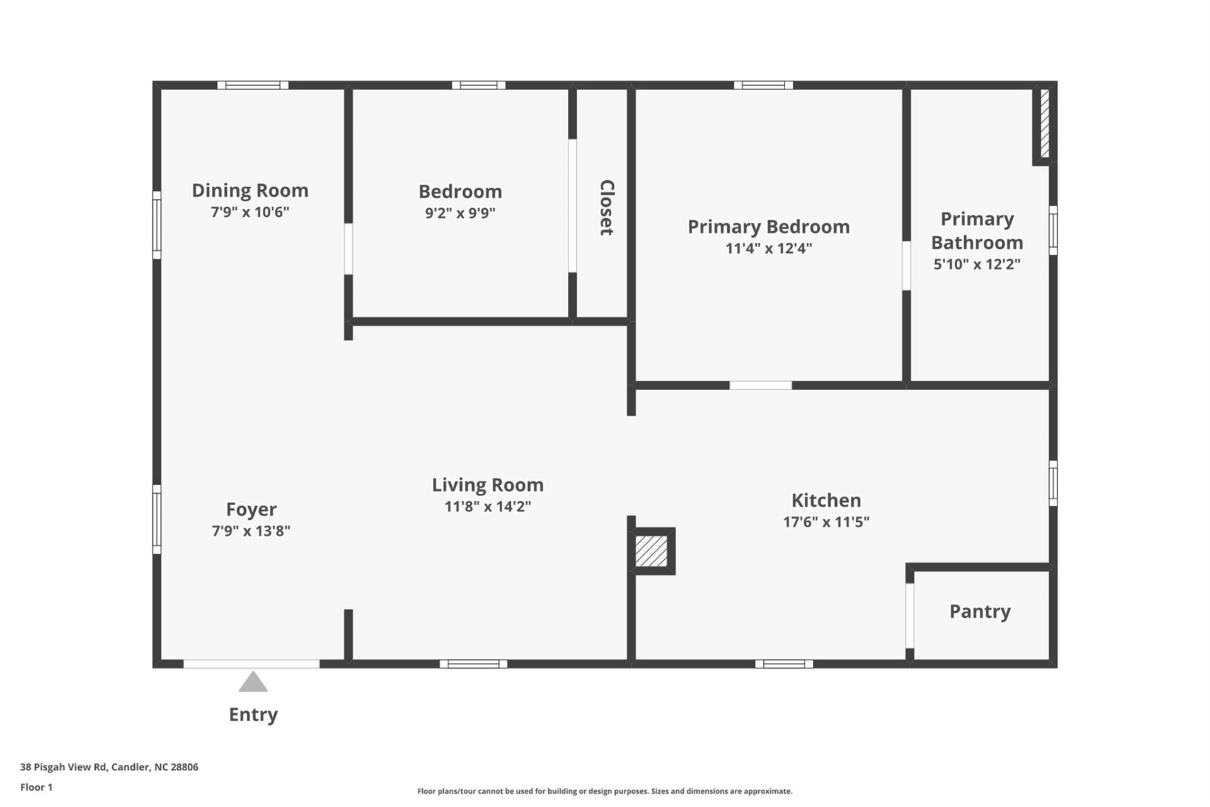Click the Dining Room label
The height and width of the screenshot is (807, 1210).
[x=250, y=190]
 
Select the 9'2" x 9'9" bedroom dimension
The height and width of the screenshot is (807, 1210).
[x=460, y=213]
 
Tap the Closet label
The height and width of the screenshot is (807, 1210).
[x=606, y=207]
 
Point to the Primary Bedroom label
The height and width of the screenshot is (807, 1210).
[x=768, y=227]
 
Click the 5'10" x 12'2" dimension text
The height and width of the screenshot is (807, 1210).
[x=977, y=264]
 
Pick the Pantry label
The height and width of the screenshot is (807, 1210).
[x=980, y=612]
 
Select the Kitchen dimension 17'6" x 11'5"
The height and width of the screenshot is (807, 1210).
[x=826, y=522]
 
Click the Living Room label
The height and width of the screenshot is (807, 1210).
[x=487, y=485]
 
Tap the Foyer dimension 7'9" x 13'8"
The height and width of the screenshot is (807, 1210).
[x=251, y=531]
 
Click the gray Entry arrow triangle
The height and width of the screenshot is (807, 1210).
[x=253, y=683]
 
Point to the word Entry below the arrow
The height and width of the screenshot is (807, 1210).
[x=253, y=714]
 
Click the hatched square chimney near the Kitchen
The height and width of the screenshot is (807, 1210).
[x=651, y=551]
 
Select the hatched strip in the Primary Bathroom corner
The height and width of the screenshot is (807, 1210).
[x=1044, y=124]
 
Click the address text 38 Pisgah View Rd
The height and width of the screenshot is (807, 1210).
[x=109, y=767]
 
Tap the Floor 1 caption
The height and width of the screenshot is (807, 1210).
[x=37, y=787]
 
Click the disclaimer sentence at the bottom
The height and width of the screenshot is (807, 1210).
[x=604, y=791]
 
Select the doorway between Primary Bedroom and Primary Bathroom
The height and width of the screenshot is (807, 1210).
[x=906, y=265]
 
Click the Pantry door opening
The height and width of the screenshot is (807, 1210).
[x=909, y=615]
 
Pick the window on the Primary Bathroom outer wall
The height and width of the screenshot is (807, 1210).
[x=1052, y=230]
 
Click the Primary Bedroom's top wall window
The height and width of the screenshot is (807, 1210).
[x=763, y=85]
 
